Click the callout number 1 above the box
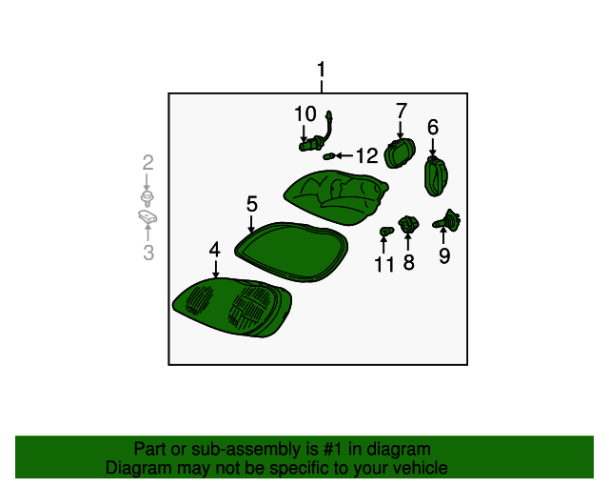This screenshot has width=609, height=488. (322, 70)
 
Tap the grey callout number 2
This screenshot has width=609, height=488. (148, 163)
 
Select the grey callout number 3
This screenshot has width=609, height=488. (148, 253)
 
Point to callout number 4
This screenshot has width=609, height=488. (215, 250)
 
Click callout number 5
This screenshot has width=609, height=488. (252, 204)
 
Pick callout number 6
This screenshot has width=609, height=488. (433, 128)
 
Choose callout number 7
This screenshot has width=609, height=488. (402, 111)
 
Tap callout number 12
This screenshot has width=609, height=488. (367, 155)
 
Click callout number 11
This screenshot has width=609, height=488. (384, 264)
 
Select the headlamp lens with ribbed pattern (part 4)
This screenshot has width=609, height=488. (232, 308)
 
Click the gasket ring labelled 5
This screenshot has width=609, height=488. (291, 252)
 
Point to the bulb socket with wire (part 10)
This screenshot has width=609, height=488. (317, 132)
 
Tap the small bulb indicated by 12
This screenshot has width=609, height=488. (328, 156)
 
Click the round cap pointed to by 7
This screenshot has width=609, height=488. (400, 152)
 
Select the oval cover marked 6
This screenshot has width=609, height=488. (436, 176)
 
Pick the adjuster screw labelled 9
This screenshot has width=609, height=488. (446, 221)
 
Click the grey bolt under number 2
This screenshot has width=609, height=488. (147, 198)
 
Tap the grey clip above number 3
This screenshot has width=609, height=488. (147, 217)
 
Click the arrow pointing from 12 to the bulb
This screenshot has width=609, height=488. (344, 156)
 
